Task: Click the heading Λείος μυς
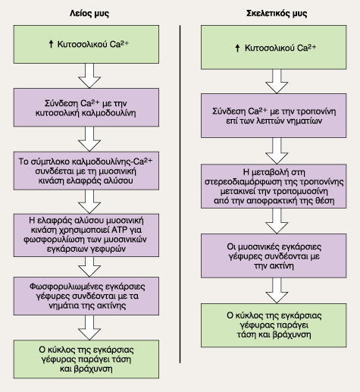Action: pos(89,14)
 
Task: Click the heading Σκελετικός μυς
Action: pos(277,14)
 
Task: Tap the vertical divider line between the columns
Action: pos(180,194)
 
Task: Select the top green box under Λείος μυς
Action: pos(86,44)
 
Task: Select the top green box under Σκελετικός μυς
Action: pos(274,47)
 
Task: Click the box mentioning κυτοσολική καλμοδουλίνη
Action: pos(86,108)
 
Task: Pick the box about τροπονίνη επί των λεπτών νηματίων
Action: pos(274,116)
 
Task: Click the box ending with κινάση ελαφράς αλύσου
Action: pos(86,171)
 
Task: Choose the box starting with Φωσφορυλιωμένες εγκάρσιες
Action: pos(86,296)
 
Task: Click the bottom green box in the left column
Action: pos(86,359)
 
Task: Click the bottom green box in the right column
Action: pos(274,325)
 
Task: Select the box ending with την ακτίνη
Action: pos(274,256)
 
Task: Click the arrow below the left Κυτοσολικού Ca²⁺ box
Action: pos(89,76)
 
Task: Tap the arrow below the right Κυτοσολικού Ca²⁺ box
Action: pos(277,81)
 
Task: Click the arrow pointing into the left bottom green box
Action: pos(89,328)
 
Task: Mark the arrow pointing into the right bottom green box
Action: pos(277,290)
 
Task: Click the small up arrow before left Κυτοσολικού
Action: pos(51,44)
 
